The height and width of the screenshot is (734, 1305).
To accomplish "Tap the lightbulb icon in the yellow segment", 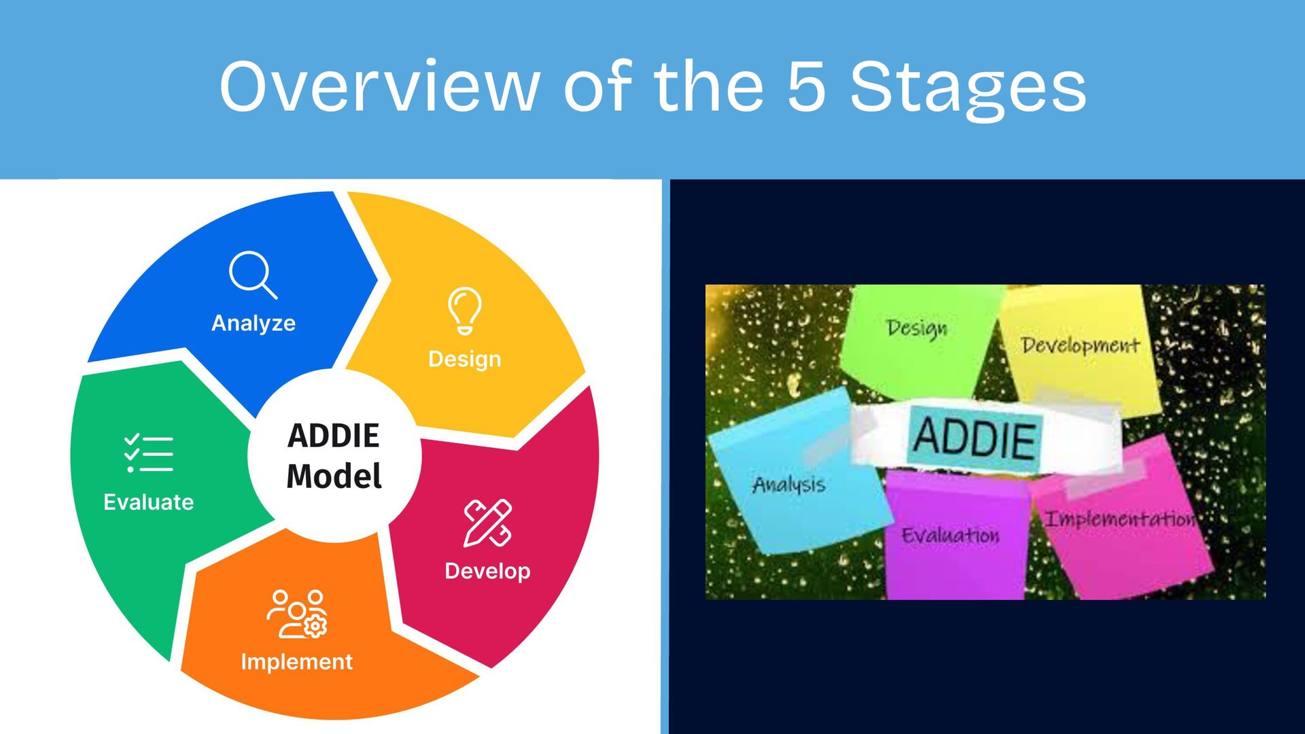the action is click(465, 311).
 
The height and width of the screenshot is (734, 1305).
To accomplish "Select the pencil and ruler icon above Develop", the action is click(487, 523).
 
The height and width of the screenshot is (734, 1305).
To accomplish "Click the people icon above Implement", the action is click(297, 614).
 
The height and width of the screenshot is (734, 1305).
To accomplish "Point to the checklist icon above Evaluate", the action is click(149, 453).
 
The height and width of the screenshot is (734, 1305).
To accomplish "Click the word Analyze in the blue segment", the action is click(254, 323).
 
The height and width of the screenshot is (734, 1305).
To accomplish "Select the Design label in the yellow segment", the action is click(465, 359).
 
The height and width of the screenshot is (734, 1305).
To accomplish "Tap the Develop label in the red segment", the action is click(487, 571).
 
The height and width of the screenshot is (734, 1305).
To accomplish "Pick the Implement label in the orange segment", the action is click(297, 661).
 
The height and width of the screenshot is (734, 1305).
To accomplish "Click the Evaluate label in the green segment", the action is click(149, 502).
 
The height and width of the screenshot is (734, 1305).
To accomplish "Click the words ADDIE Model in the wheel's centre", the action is click(334, 456).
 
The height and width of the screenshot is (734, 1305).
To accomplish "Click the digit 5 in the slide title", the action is click(807, 87).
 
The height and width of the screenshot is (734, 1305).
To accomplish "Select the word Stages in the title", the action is click(968, 88).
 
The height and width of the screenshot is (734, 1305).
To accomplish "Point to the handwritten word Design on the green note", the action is click(916, 328).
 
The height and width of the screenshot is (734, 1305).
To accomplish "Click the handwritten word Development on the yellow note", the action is click(1080, 345).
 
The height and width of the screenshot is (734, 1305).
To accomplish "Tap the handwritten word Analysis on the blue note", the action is click(789, 485).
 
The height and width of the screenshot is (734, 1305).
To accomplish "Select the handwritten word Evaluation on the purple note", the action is click(950, 536).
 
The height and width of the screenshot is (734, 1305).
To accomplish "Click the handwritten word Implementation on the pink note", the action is click(1119, 520).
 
